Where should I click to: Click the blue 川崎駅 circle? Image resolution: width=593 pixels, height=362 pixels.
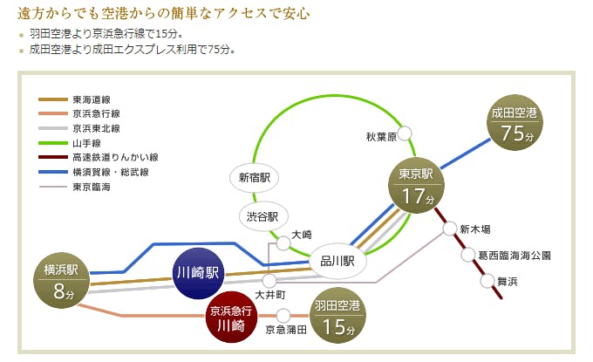tap(200, 272)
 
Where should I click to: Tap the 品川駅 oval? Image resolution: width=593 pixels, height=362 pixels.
tap(337, 261)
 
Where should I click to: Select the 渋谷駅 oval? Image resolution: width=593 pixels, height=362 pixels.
tap(261, 216)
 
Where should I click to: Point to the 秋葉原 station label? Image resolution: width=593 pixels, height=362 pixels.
tap(381, 136)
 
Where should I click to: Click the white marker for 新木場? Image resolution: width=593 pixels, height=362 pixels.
tap(449, 229)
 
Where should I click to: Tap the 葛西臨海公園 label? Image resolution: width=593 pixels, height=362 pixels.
tap(515, 256)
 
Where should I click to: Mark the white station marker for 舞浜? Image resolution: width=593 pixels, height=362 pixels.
tap(487, 281)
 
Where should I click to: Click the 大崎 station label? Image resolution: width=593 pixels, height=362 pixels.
tap(302, 235)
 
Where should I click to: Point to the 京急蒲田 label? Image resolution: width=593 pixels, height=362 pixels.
tap(285, 330)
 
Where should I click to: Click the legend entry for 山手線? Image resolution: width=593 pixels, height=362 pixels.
tap(88, 142)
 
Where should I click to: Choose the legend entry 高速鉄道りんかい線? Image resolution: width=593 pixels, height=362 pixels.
tap(114, 157)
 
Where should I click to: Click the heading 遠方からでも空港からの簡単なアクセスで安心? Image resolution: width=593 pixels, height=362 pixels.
tap(164, 15)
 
